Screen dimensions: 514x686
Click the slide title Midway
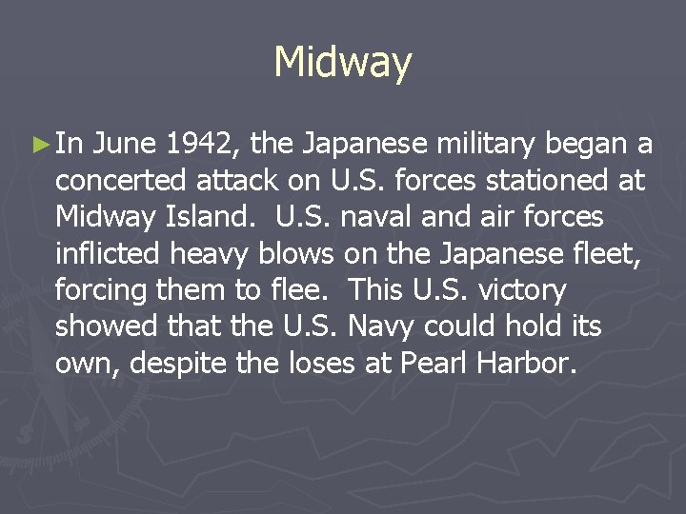342,64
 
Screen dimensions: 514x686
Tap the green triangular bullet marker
40,146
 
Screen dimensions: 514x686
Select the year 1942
203,145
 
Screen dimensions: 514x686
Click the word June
127,145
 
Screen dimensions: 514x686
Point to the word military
477,145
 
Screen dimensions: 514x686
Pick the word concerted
121,181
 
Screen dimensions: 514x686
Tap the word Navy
382,326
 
